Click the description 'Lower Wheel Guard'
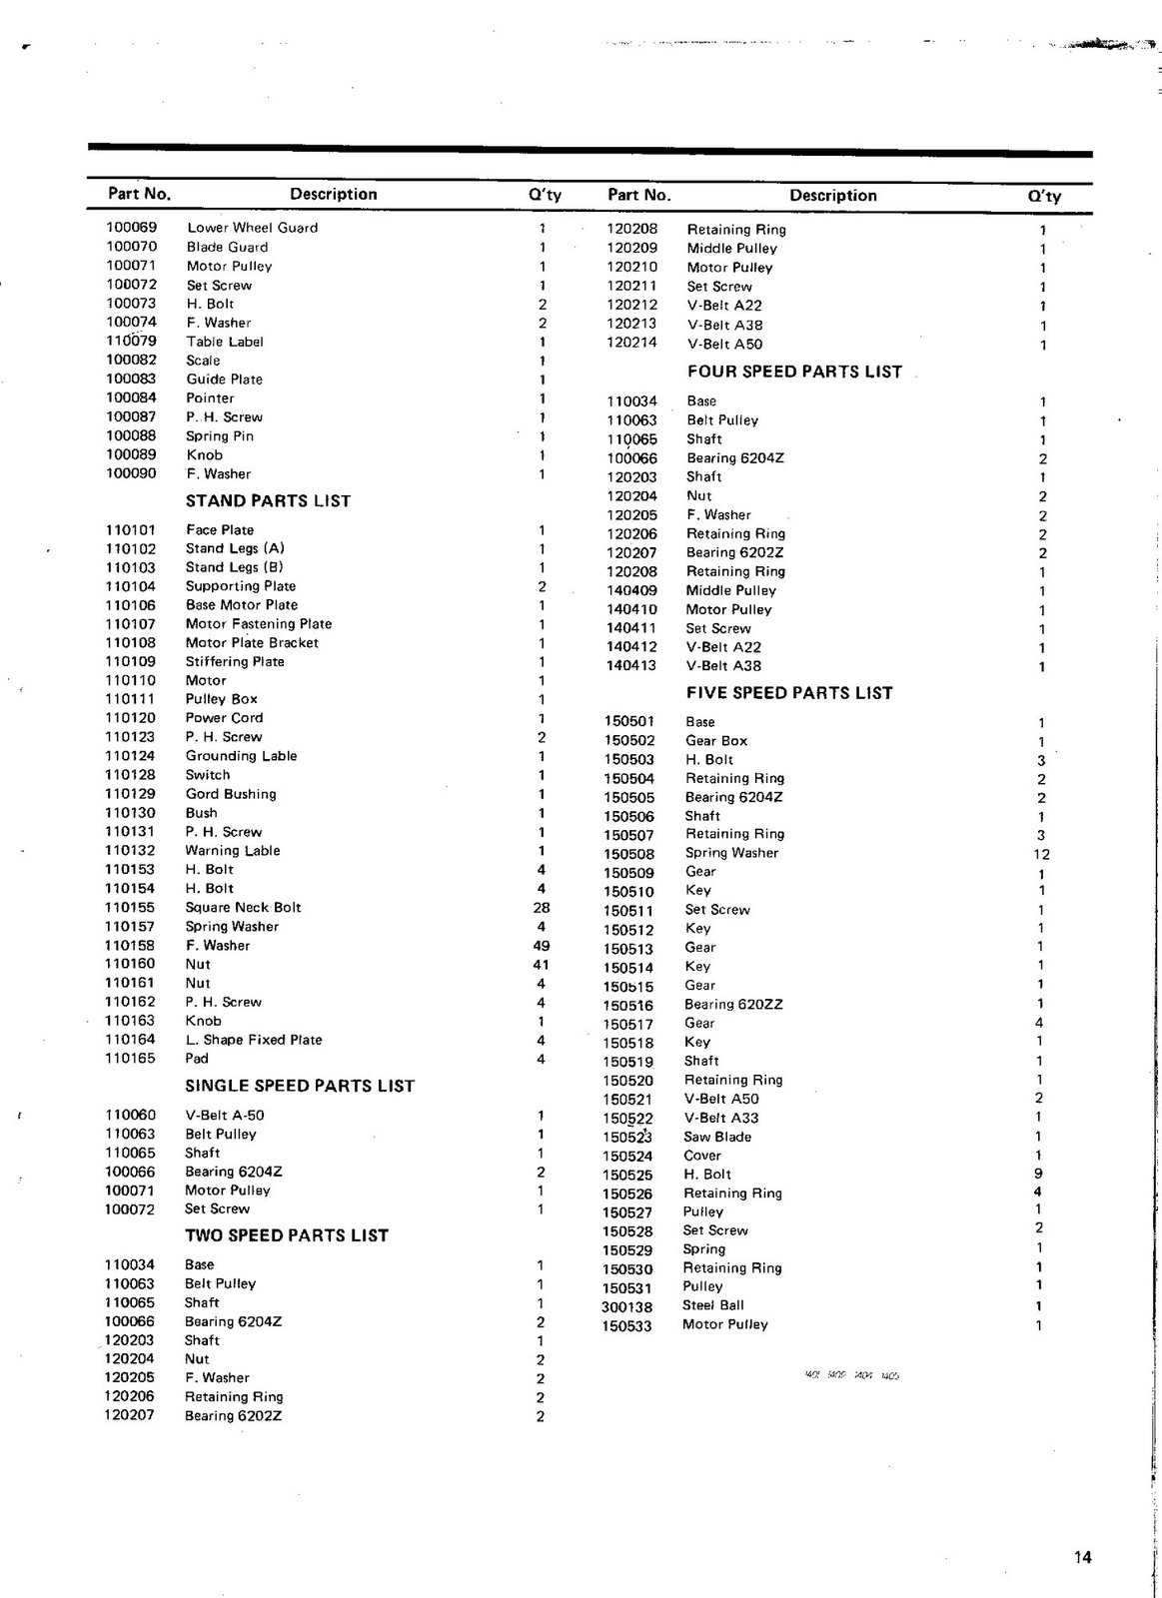pos(252,228)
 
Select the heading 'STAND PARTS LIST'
pos(268,501)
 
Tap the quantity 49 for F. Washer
pos(542,946)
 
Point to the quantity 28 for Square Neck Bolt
pos(542,908)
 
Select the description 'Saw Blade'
pos(717,1137)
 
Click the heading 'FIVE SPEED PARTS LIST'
pos(789,693)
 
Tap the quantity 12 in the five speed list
pos(1042,855)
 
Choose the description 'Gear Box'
pos(715,741)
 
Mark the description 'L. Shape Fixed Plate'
pos(254,1040)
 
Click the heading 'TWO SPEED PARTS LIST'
pos(286,1235)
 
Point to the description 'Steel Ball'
pos(712,1305)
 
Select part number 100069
pos(132,228)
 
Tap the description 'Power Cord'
pos(224,718)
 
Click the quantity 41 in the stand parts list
pos(542,965)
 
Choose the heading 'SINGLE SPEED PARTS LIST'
pos(299,1086)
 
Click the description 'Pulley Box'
pos(221,699)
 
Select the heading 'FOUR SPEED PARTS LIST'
pos(794,372)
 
